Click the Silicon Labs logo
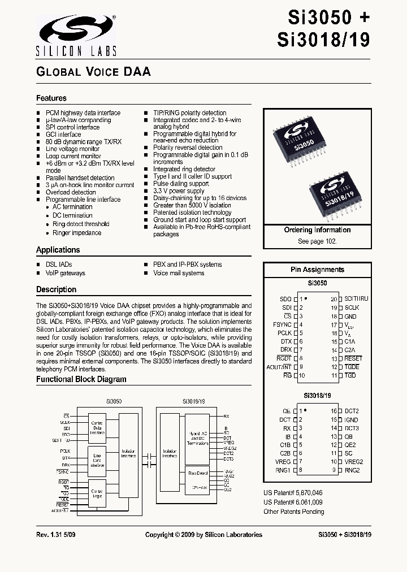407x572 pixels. pos(76,35)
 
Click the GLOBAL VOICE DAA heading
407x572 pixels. pos(93,72)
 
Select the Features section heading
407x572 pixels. pos(51,98)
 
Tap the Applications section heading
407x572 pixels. pos(58,250)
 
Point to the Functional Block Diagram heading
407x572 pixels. pos(81,379)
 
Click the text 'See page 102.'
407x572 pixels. pos(317,241)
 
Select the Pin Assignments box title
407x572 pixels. pos(317,270)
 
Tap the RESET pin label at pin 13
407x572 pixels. pos(353,358)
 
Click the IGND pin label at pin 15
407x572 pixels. pos(351,420)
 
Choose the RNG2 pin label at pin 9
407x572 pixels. pos(352,470)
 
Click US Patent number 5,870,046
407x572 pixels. pos(293,493)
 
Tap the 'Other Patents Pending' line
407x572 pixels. pos(294,512)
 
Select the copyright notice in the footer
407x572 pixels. pos(203,534)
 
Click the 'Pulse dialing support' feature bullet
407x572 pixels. pos(181,184)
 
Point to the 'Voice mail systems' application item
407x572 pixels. pos(179,273)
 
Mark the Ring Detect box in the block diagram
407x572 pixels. pos(198,472)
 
